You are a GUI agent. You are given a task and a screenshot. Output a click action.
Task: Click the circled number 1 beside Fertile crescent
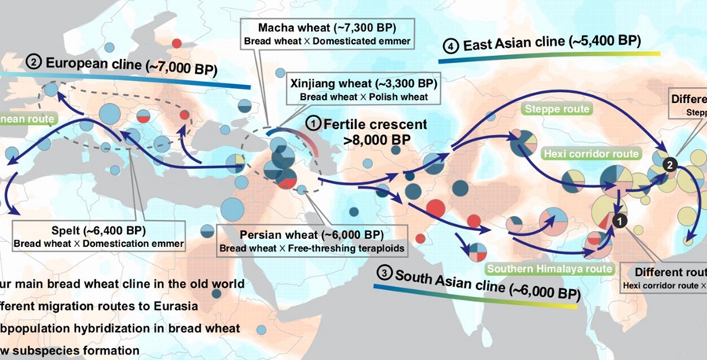(314, 123)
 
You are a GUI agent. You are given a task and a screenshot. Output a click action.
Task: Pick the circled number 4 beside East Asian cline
(451, 46)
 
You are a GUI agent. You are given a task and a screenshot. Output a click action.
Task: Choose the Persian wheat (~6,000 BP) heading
(302, 235)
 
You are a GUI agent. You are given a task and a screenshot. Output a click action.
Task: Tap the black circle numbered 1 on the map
(620, 222)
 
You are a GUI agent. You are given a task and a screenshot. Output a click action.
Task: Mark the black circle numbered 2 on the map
(669, 163)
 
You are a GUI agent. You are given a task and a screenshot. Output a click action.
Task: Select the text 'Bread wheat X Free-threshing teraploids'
(302, 248)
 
